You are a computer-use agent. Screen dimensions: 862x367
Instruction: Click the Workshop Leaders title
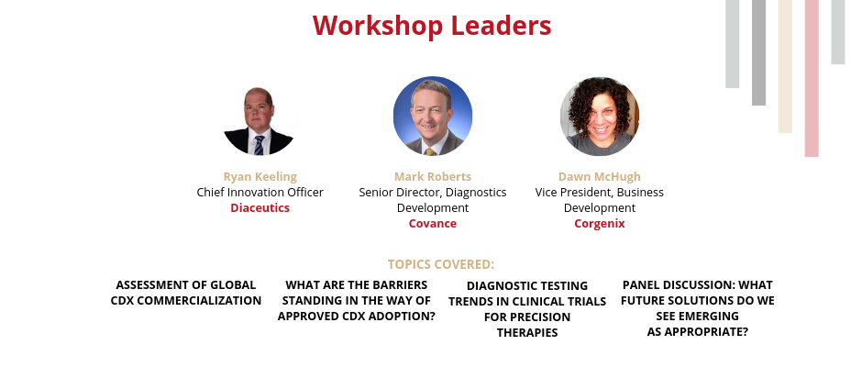[432, 26]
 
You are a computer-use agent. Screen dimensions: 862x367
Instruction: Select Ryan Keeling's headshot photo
[259, 120]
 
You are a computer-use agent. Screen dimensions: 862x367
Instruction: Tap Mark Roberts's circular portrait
[433, 116]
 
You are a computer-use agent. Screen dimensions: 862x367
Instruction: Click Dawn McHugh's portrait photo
[600, 117]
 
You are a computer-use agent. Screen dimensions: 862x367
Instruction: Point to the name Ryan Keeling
[260, 177]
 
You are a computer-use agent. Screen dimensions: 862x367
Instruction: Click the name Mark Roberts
[433, 177]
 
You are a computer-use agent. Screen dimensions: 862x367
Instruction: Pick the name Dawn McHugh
[600, 177]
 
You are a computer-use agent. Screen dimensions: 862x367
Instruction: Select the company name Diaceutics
[260, 208]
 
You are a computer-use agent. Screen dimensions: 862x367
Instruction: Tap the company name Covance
[433, 223]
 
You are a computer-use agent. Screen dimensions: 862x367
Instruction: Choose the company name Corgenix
[600, 223]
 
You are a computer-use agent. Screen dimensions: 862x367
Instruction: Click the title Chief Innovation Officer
[260, 192]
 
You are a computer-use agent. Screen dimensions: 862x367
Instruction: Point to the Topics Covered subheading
[441, 264]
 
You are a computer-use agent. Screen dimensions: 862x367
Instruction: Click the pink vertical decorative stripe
[812, 78]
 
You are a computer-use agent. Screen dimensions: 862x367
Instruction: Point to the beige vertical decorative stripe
[785, 66]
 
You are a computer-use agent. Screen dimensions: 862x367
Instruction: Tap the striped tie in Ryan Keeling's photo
[259, 145]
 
